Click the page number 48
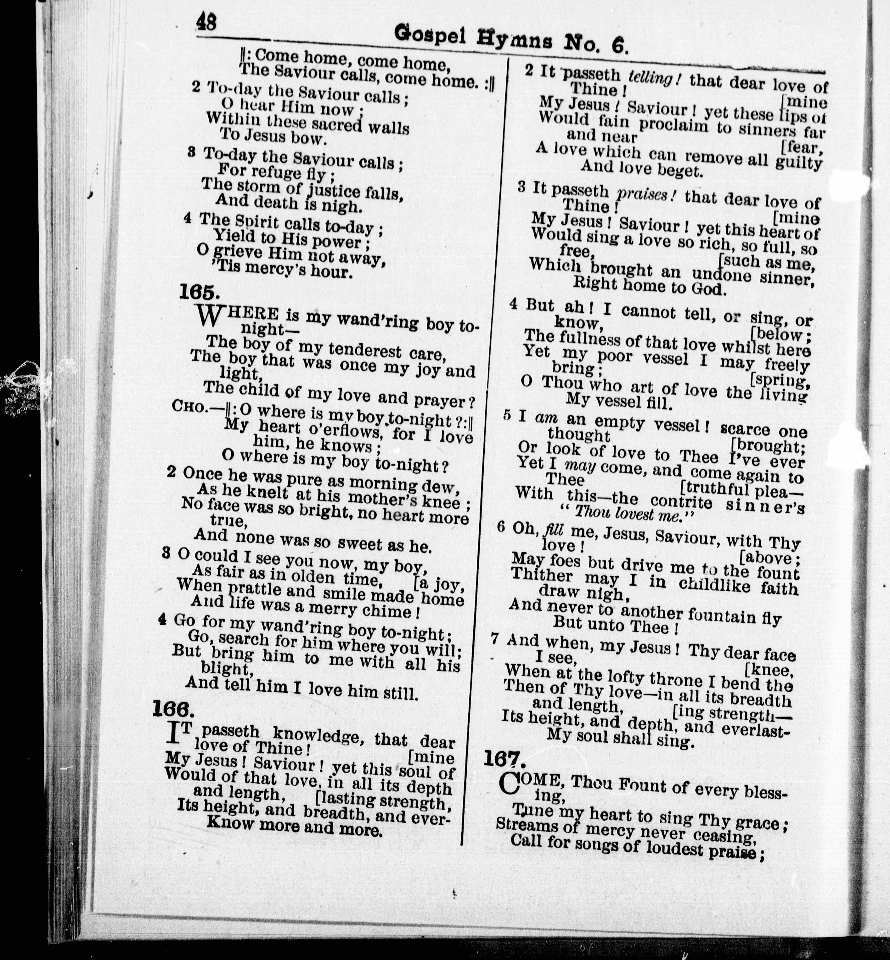[206, 22]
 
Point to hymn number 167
[504, 759]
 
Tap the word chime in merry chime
[383, 611]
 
